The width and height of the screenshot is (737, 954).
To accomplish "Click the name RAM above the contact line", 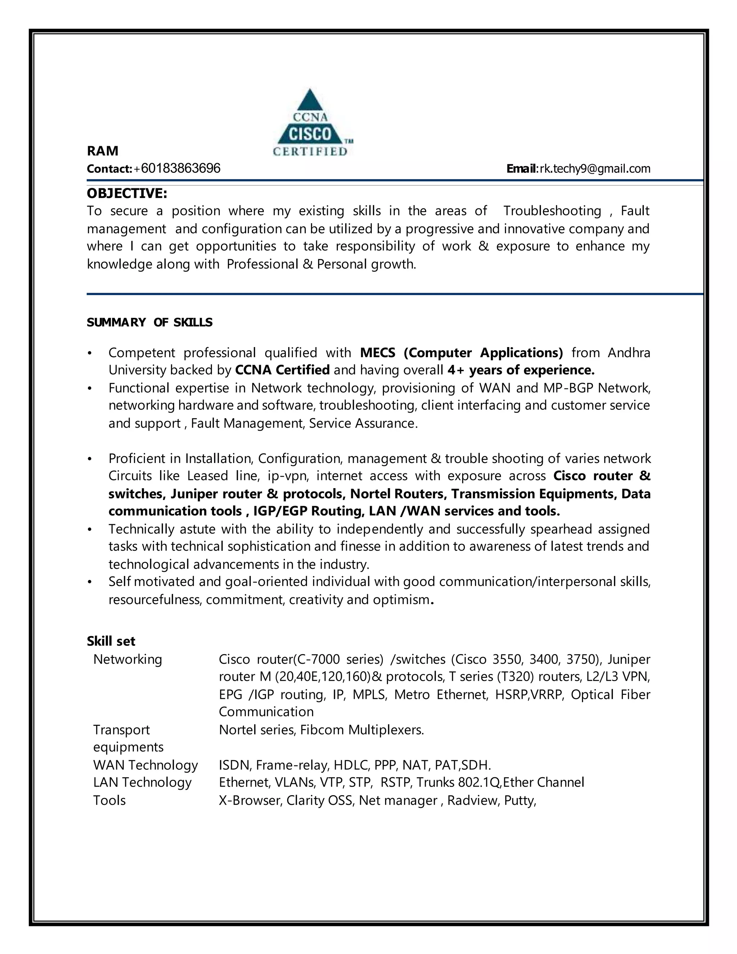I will (x=103, y=151).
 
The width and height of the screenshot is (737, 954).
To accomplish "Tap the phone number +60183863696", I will (x=177, y=168).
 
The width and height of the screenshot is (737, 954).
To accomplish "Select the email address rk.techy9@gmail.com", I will (x=594, y=168).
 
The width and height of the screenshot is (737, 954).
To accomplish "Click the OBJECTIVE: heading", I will (x=127, y=193).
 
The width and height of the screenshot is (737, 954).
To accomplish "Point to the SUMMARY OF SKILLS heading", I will (x=149, y=322).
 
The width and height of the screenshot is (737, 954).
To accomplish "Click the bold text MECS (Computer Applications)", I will (x=461, y=352).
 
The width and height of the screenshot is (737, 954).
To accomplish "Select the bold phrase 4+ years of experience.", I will (x=520, y=370).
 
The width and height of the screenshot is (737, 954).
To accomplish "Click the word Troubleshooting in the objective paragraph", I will (x=552, y=211).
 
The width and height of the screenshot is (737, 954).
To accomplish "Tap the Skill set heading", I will (x=111, y=641).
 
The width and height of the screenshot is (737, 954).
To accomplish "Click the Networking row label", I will (x=127, y=659).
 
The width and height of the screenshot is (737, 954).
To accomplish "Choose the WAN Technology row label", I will (x=145, y=765).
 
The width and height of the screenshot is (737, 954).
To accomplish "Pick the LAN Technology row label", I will (x=143, y=782).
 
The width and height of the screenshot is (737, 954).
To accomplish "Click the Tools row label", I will (x=109, y=800).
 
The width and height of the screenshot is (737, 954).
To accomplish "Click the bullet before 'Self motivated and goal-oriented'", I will (x=90, y=582).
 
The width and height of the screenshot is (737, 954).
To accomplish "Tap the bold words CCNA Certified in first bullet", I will (x=282, y=370).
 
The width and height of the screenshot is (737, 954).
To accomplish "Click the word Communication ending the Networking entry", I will (x=266, y=712).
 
